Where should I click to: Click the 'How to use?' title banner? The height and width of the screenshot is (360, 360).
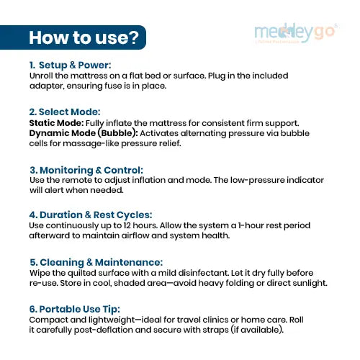tap(73, 37)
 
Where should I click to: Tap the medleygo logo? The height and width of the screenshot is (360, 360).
tap(296, 33)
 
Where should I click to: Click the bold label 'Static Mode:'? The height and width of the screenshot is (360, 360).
tap(56, 123)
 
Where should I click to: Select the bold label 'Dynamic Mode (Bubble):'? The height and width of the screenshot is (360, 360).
tap(84, 133)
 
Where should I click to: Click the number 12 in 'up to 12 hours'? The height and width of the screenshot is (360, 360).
tap(127, 225)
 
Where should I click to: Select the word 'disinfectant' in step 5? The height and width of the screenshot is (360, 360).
tap(204, 273)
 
